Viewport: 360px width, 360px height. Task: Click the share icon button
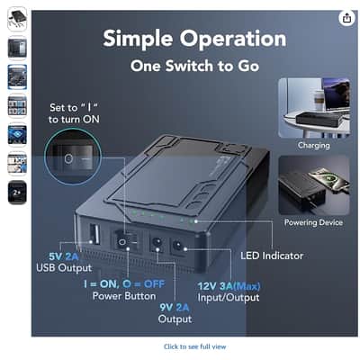pyautogui.click(x=346, y=18)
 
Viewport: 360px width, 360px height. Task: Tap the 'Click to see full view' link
pyautogui.click(x=194, y=346)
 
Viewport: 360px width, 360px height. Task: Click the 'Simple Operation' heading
pyautogui.click(x=194, y=39)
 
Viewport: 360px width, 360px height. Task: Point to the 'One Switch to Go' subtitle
pyautogui.click(x=194, y=66)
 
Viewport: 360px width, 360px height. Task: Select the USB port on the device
pyautogui.click(x=94, y=235)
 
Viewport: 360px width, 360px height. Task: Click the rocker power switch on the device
pyautogui.click(x=125, y=239)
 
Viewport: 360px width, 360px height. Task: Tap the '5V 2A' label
pyautogui.click(x=64, y=256)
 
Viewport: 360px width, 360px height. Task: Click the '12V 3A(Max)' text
pyautogui.click(x=229, y=286)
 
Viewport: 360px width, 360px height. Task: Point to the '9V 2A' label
pyautogui.click(x=175, y=308)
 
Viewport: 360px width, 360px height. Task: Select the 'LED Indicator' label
pyautogui.click(x=272, y=256)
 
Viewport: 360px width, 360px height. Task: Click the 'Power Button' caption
pyautogui.click(x=124, y=296)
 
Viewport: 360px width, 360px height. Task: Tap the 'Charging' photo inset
pyautogui.click(x=314, y=108)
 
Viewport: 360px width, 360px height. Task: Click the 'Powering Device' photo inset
pyautogui.click(x=314, y=185)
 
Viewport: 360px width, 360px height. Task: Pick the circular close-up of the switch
pyautogui.click(x=73, y=157)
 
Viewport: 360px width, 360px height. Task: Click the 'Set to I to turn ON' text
pyautogui.click(x=74, y=113)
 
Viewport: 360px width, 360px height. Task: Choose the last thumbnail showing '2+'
pyautogui.click(x=17, y=193)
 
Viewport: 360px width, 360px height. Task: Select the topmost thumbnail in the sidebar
pyautogui.click(x=17, y=19)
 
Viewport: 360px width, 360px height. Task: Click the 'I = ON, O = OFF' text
pyautogui.click(x=124, y=283)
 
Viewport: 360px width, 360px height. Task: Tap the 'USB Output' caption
pyautogui.click(x=64, y=267)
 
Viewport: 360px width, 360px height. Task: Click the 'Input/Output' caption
pyautogui.click(x=229, y=298)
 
